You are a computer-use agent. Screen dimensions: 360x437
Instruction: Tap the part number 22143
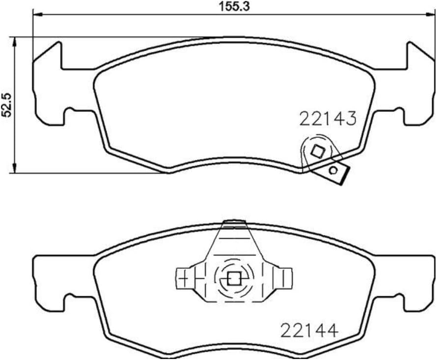[328, 119]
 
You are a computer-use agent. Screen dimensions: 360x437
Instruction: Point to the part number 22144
[310, 331]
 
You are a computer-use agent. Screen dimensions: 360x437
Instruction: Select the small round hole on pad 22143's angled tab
[334, 171]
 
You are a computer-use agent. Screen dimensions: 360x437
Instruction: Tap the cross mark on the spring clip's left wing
[183, 280]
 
